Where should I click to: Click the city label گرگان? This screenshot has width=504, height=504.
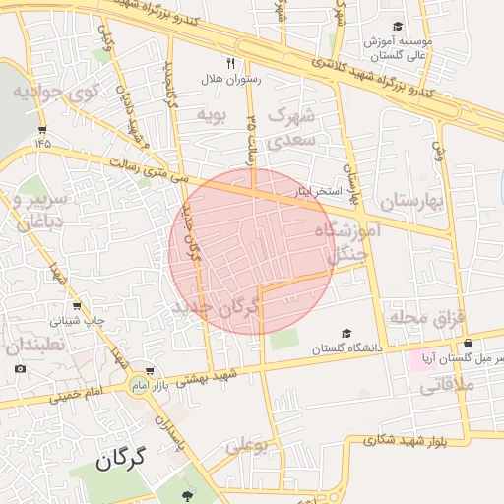click(x=121, y=459)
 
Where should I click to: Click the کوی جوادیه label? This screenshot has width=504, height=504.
click(x=57, y=93)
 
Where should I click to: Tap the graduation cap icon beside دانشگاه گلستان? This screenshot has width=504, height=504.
click(x=346, y=334)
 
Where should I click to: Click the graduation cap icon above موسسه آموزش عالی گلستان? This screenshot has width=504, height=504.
click(x=398, y=27)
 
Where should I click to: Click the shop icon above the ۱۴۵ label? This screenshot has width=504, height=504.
click(x=41, y=129)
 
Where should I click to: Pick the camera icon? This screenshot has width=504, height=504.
click(x=21, y=369)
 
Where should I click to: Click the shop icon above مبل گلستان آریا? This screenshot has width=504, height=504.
click(x=468, y=345)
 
